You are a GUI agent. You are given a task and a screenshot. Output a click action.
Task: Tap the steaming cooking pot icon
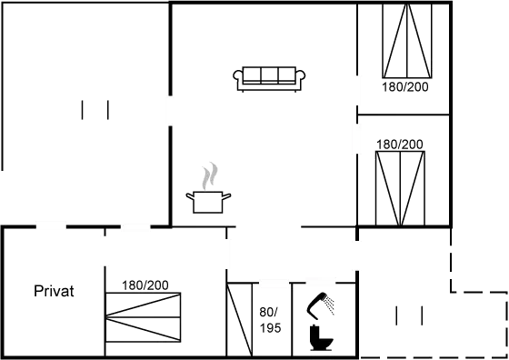click(x=209, y=199)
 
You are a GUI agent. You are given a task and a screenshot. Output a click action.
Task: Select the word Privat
click(x=54, y=292)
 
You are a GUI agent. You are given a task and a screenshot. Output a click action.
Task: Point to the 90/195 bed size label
click(x=269, y=319)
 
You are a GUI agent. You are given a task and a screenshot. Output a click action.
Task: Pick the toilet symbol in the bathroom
click(x=321, y=337)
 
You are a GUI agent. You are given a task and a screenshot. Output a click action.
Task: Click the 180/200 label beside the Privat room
click(x=145, y=285)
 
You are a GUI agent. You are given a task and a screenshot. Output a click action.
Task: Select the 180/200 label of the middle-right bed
click(x=399, y=144)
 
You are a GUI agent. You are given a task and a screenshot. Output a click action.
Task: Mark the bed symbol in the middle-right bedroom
click(x=401, y=187)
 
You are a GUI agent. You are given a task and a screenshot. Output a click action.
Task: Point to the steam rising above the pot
click(x=211, y=173)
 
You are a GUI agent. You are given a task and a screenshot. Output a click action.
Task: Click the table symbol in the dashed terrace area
click(x=408, y=315)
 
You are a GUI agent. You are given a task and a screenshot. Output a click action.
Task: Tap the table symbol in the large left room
click(x=95, y=110)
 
